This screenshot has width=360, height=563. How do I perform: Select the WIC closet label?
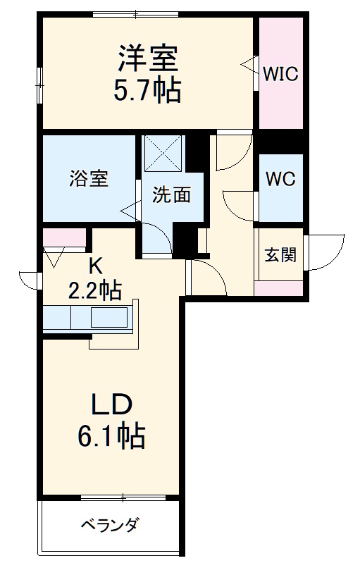(x=281, y=73)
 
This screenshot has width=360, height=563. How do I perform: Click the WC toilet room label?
(x=280, y=178)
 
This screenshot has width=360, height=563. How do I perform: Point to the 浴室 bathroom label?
(x=89, y=178)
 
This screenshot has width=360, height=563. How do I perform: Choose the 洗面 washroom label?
(x=171, y=195)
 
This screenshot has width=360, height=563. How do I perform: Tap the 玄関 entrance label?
(x=280, y=254)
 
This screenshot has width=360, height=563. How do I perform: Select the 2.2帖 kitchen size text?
(x=95, y=290)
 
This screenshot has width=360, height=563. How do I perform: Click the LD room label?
(x=111, y=407)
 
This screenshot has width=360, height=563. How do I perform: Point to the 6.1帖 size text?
(x=111, y=438)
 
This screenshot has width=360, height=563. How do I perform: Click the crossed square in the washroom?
(x=164, y=152)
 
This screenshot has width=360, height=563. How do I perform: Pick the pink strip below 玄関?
(x=279, y=287)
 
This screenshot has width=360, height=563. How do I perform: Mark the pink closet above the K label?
(x=63, y=236)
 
